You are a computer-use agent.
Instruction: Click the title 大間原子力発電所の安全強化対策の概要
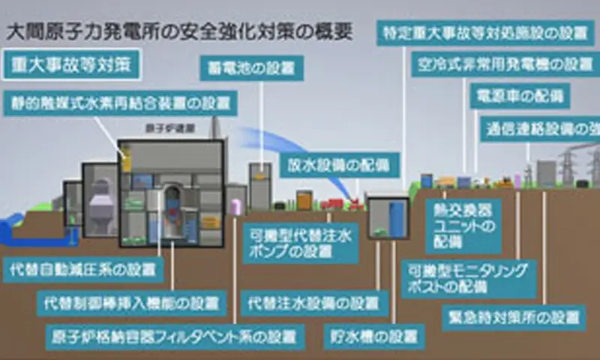click(179, 33)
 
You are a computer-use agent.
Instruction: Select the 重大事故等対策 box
click(71, 64)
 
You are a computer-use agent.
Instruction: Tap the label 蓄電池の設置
click(250, 69)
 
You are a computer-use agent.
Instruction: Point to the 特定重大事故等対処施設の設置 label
click(479, 34)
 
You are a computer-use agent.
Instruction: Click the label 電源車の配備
click(519, 95)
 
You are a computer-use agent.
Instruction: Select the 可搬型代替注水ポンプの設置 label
click(301, 243)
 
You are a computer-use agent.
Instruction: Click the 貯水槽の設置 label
click(373, 335)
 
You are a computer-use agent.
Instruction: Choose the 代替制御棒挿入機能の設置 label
click(132, 303)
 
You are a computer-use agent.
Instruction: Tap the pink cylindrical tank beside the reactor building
click(235, 207)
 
